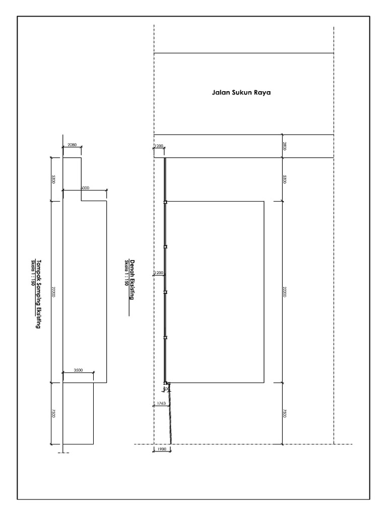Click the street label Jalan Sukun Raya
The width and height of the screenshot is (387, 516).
pyautogui.click(x=241, y=93)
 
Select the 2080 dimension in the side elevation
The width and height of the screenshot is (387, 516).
pyautogui.click(x=72, y=145)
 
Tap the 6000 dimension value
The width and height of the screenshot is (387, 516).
pyautogui.click(x=85, y=187)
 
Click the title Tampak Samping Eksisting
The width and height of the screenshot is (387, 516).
pyautogui.click(x=38, y=291)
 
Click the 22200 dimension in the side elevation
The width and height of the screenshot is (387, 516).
pyautogui.click(x=53, y=292)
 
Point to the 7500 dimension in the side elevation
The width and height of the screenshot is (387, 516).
pyautogui.click(x=53, y=413)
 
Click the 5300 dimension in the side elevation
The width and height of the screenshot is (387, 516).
pyautogui.click(x=53, y=179)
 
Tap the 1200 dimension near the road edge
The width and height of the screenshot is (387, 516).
pyautogui.click(x=159, y=146)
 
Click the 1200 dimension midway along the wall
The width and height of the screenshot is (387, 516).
pyautogui.click(x=159, y=273)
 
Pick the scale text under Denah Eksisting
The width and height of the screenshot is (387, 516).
pyautogui.click(x=127, y=273)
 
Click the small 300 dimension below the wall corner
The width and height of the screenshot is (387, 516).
pyautogui.click(x=167, y=389)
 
